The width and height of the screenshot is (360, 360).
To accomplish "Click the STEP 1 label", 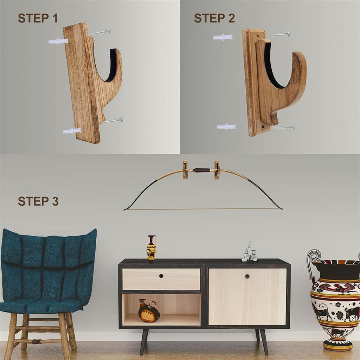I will pyautogui.click(x=38, y=18).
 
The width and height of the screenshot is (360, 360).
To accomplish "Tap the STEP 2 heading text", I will pyautogui.click(x=214, y=18).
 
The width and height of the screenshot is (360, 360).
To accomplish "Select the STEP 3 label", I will pyautogui.click(x=38, y=201).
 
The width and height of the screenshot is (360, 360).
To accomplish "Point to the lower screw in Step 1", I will pyautogui.click(x=112, y=121).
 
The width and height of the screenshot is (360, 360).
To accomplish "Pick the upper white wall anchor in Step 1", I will pyautogui.click(x=58, y=41).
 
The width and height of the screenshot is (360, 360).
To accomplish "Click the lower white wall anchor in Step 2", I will pyautogui.click(x=226, y=127).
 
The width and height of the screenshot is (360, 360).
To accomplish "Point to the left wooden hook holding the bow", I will pyautogui.click(x=185, y=169).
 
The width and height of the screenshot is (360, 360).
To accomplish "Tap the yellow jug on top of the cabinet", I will pyautogui.click(x=152, y=248).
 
